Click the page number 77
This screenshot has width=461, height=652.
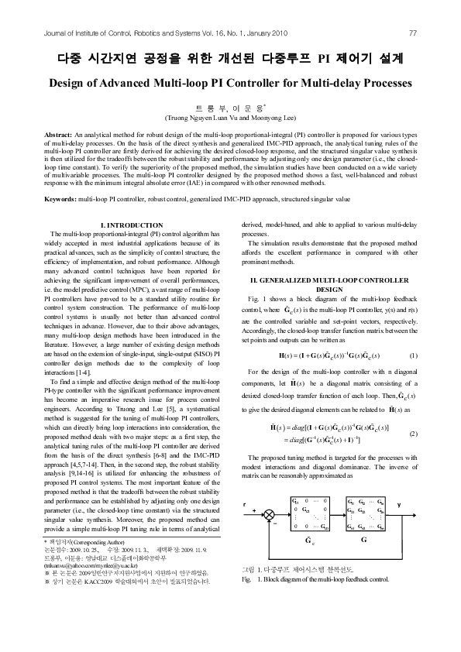pos(413,33)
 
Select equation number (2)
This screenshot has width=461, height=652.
pos(413,434)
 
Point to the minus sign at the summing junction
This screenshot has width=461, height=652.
pos(264,524)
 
